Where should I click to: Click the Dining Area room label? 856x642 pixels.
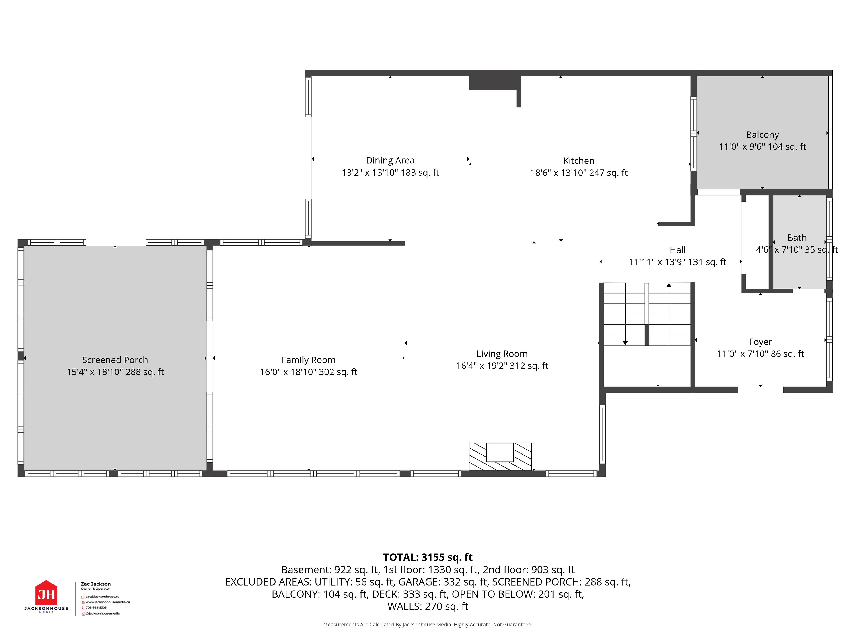(x=390, y=160)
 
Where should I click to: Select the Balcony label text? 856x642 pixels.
(x=762, y=135)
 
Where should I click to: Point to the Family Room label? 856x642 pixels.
(x=309, y=360)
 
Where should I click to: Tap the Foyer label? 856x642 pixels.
(x=760, y=342)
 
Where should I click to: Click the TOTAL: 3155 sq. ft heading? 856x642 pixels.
(x=428, y=557)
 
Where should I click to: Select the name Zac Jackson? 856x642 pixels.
(x=96, y=584)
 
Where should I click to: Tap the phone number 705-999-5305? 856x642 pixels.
(x=96, y=607)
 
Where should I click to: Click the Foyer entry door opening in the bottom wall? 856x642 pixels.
(x=760, y=390)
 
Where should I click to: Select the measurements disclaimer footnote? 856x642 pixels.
(x=428, y=625)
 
